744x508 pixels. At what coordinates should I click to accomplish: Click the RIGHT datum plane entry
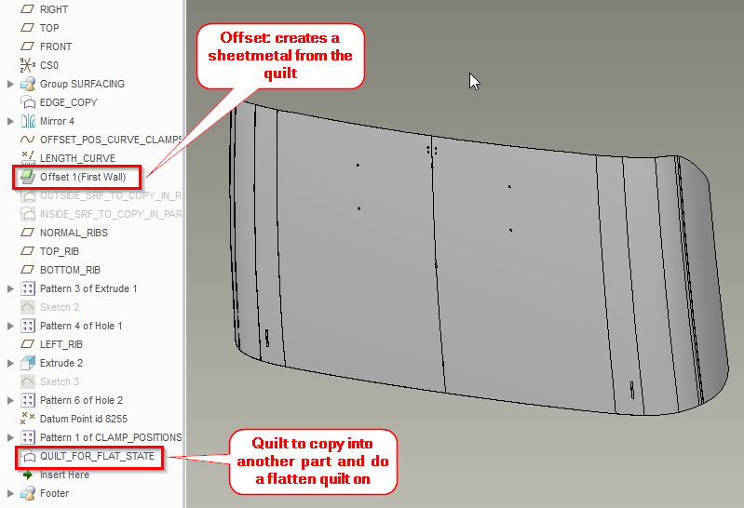(x=53, y=9)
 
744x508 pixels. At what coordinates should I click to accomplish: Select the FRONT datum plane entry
(x=55, y=47)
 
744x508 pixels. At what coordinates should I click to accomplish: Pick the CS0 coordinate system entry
(x=48, y=65)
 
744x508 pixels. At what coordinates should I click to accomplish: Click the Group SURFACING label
(x=82, y=84)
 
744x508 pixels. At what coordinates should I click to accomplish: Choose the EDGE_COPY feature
(x=68, y=102)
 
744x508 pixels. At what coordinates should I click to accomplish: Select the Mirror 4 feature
(x=57, y=121)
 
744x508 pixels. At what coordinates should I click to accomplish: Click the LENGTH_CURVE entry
(x=77, y=158)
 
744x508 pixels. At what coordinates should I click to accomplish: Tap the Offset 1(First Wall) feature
(x=82, y=177)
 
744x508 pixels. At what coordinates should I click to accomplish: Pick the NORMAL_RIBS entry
(x=74, y=233)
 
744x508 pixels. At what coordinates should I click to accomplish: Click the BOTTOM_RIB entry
(x=70, y=270)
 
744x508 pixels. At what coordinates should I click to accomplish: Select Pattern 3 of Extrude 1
(x=88, y=288)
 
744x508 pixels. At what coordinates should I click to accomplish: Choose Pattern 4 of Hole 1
(x=81, y=326)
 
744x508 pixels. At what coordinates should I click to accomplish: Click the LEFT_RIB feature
(x=61, y=344)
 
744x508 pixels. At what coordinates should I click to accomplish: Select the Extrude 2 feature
(x=61, y=363)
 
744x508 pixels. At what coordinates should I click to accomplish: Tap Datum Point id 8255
(x=86, y=419)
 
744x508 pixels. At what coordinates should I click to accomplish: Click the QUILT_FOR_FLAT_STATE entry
(x=97, y=457)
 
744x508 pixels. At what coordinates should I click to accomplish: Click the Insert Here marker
(x=64, y=475)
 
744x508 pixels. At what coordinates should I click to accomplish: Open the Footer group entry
(x=54, y=493)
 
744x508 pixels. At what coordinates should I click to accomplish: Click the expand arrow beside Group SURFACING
(x=10, y=84)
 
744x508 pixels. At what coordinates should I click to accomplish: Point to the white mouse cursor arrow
(x=474, y=81)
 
